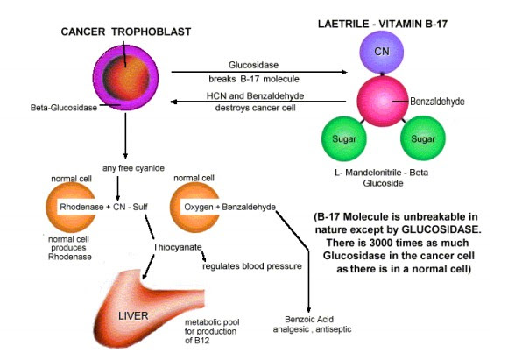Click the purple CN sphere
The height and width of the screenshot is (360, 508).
tap(382, 53)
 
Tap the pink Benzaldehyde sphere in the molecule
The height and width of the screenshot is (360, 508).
tap(382, 101)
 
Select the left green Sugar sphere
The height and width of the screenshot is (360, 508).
tap(344, 138)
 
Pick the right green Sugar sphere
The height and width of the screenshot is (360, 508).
tap(423, 138)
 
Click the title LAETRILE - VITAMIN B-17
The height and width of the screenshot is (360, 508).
tap(383, 24)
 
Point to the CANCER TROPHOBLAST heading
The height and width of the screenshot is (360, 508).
tap(126, 32)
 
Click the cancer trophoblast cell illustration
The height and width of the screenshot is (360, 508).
tap(126, 77)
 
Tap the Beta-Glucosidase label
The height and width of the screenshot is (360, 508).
tap(64, 108)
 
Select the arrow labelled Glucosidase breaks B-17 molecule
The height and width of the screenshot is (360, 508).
tap(259, 72)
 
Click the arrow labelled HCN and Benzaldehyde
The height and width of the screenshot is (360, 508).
tap(258, 102)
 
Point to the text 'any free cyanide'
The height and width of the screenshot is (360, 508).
tap(133, 168)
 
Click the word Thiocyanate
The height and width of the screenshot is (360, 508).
tap(177, 247)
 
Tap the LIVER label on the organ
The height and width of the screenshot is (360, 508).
tap(133, 315)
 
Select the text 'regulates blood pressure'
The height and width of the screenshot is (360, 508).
tap(252, 266)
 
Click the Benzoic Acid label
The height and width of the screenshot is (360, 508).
tap(309, 320)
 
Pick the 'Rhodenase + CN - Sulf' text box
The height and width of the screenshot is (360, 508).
tap(103, 207)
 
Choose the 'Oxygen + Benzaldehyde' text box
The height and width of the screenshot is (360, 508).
tap(229, 207)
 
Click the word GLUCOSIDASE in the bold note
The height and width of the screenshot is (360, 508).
tap(441, 229)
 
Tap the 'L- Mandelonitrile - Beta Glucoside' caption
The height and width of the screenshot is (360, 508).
tap(382, 178)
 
